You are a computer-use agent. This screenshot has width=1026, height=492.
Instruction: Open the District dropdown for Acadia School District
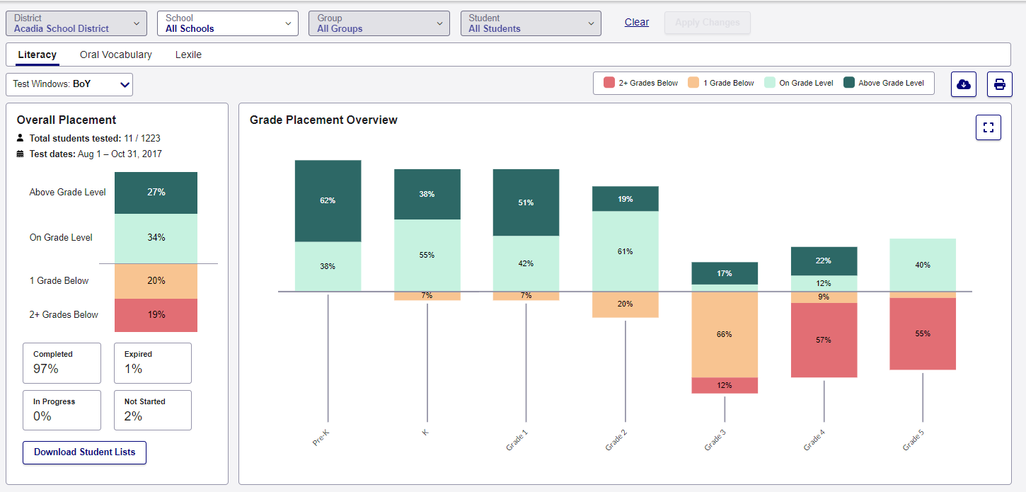click(x=76, y=23)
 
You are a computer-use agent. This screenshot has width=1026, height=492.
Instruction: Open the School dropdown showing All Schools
click(x=227, y=23)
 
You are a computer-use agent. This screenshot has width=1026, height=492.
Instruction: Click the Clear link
click(x=636, y=22)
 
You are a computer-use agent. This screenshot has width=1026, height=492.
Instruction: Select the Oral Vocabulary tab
click(x=116, y=55)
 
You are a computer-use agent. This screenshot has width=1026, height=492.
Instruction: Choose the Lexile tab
click(x=188, y=55)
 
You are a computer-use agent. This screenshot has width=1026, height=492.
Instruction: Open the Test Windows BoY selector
click(x=69, y=84)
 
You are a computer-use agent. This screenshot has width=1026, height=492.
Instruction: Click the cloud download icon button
click(x=963, y=84)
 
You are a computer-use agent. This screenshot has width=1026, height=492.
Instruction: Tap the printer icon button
click(x=999, y=84)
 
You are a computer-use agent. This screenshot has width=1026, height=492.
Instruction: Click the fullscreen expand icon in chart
click(x=988, y=127)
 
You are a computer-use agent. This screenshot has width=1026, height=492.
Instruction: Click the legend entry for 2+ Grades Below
click(x=641, y=83)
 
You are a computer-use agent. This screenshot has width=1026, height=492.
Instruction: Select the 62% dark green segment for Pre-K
click(x=328, y=201)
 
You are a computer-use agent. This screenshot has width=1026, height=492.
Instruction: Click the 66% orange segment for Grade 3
click(x=725, y=334)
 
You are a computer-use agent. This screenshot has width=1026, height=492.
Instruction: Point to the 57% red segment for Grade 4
click(x=824, y=340)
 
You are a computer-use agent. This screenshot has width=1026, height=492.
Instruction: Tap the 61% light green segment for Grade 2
click(x=625, y=251)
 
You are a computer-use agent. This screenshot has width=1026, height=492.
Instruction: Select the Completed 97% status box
click(x=62, y=362)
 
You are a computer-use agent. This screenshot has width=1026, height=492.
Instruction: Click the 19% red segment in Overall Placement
click(x=156, y=315)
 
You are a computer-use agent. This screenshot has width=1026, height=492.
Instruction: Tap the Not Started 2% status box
click(x=152, y=410)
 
